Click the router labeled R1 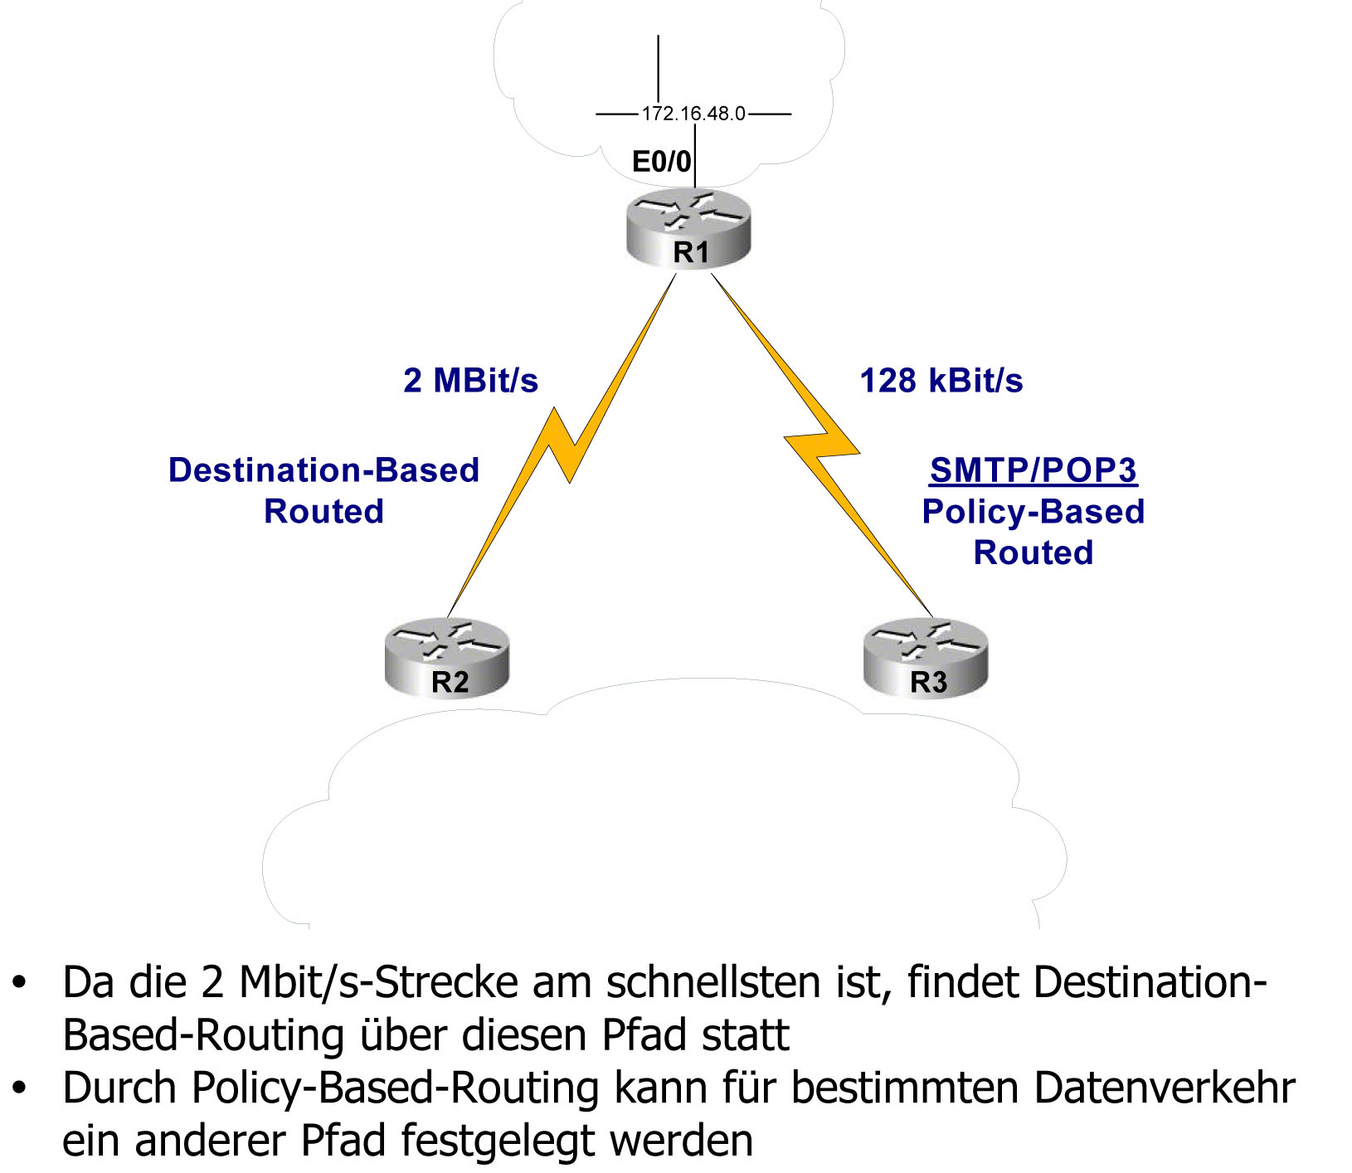coord(688,231)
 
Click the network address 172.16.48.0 coord(693,114)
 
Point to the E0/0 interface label coord(661,162)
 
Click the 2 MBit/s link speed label coord(470,381)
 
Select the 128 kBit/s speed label coord(941,381)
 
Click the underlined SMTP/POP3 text coord(1033,470)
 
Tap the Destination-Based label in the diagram coord(323,470)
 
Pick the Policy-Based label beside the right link coord(1033,512)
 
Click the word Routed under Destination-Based coord(323,512)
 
